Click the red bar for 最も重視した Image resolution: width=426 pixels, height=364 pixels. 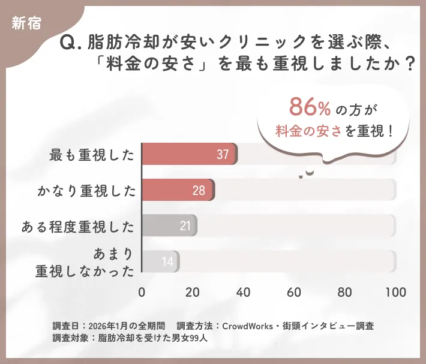[x=189, y=154]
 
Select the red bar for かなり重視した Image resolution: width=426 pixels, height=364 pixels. [x=178, y=190]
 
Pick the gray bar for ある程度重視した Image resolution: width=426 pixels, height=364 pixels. [x=169, y=225]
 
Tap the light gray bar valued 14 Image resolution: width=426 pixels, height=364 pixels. [x=160, y=261]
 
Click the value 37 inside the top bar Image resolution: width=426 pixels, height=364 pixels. [x=223, y=155]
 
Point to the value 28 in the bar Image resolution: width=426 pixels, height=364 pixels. [x=199, y=191]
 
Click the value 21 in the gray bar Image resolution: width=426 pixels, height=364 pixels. [x=185, y=226]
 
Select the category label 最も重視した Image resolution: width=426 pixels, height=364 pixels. [x=92, y=155]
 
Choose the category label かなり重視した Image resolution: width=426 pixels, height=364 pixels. [x=86, y=191]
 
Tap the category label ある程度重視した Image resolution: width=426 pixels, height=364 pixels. [x=77, y=227]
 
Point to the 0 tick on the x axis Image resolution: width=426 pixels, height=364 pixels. [x=142, y=293]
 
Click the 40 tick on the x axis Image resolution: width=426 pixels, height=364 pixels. [x=243, y=293]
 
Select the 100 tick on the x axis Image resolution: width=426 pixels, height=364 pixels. [x=395, y=293]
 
